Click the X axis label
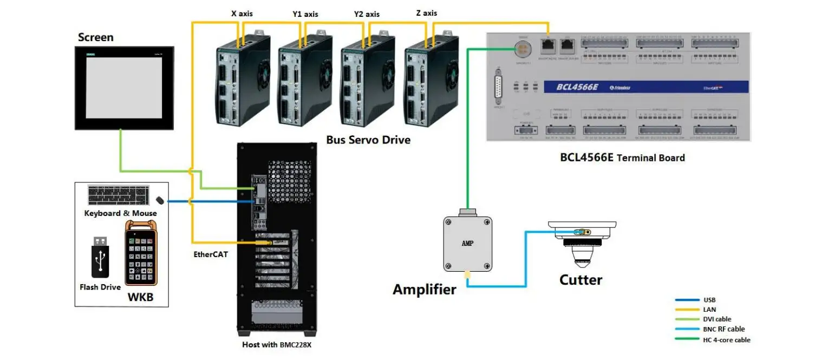(242, 14)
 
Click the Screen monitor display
(125, 88)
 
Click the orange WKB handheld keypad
(141, 254)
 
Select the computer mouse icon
(160, 201)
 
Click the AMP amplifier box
(467, 243)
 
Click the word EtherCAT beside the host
(211, 254)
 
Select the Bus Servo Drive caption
(368, 140)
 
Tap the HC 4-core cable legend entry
(726, 340)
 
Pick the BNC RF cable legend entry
(723, 329)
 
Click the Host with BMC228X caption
(276, 345)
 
